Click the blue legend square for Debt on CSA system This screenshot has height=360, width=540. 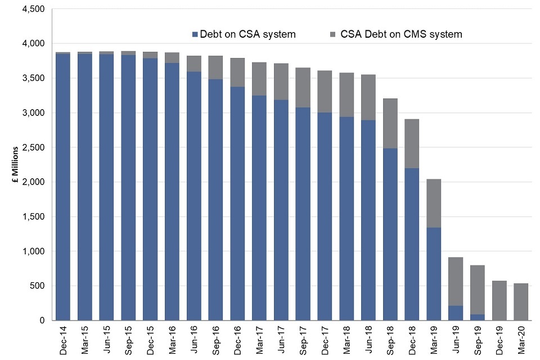pyautogui.click(x=195, y=34)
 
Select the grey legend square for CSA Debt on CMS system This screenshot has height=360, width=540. pyautogui.click(x=333, y=34)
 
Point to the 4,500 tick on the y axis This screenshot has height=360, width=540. pyautogui.click(x=33, y=9)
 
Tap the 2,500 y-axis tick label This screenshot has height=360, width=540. pyautogui.click(x=33, y=147)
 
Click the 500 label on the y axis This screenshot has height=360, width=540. pyautogui.click(x=37, y=286)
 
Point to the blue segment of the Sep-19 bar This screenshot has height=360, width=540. pyautogui.click(x=478, y=317)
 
